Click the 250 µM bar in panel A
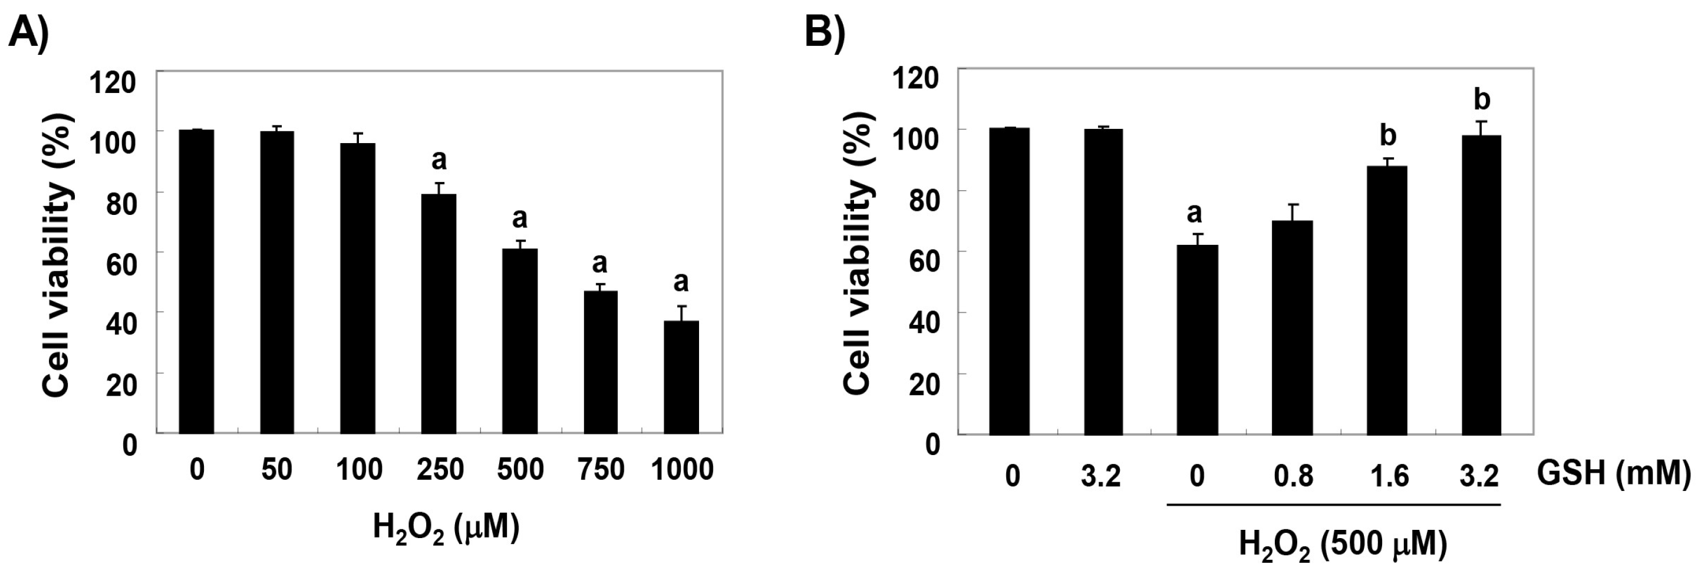pyautogui.click(x=439, y=313)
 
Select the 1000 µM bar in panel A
pyautogui.click(x=681, y=377)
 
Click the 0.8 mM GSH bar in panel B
pyautogui.click(x=1293, y=327)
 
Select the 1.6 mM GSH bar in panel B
pyautogui.click(x=1387, y=300)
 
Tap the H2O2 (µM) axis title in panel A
pyautogui.click(x=446, y=529)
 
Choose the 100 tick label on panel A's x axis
pyautogui.click(x=358, y=470)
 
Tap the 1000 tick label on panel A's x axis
pyautogui.click(x=681, y=470)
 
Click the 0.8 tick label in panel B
pyautogui.click(x=1293, y=475)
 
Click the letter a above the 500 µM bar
pyautogui.click(x=519, y=218)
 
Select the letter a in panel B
pyautogui.click(x=1194, y=213)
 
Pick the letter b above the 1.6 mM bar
pyautogui.click(x=1388, y=135)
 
